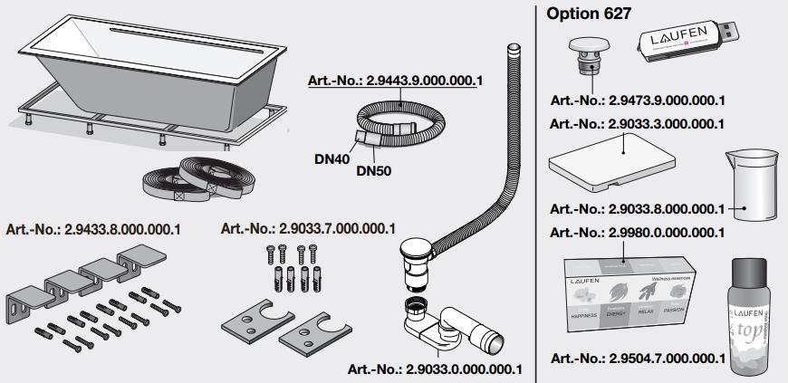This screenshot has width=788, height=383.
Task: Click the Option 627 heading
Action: tap(589, 14)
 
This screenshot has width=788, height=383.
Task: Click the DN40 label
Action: tap(332, 158)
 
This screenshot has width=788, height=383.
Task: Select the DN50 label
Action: tap(372, 169)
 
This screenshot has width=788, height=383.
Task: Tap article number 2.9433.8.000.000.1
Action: tap(92, 229)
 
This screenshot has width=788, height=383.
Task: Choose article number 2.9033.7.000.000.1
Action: tap(308, 228)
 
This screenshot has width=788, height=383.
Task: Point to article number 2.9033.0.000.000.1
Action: tap(435, 369)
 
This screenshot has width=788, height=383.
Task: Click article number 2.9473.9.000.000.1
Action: tap(637, 101)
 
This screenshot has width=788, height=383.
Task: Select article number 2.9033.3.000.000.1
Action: tap(637, 123)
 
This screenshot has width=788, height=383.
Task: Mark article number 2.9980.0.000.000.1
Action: tap(637, 232)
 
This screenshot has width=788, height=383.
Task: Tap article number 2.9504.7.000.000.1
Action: tap(637, 359)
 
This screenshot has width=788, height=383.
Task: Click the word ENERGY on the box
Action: tap(616, 312)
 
